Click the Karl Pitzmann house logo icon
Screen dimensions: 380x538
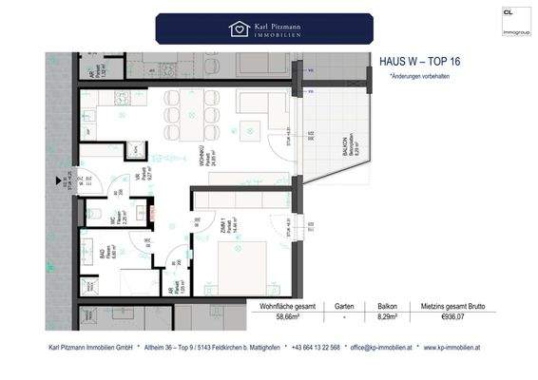[239, 28]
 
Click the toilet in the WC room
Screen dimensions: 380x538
[99, 214]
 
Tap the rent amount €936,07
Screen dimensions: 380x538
[451, 319]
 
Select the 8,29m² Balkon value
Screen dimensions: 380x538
[385, 319]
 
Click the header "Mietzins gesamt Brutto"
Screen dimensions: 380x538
[451, 307]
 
